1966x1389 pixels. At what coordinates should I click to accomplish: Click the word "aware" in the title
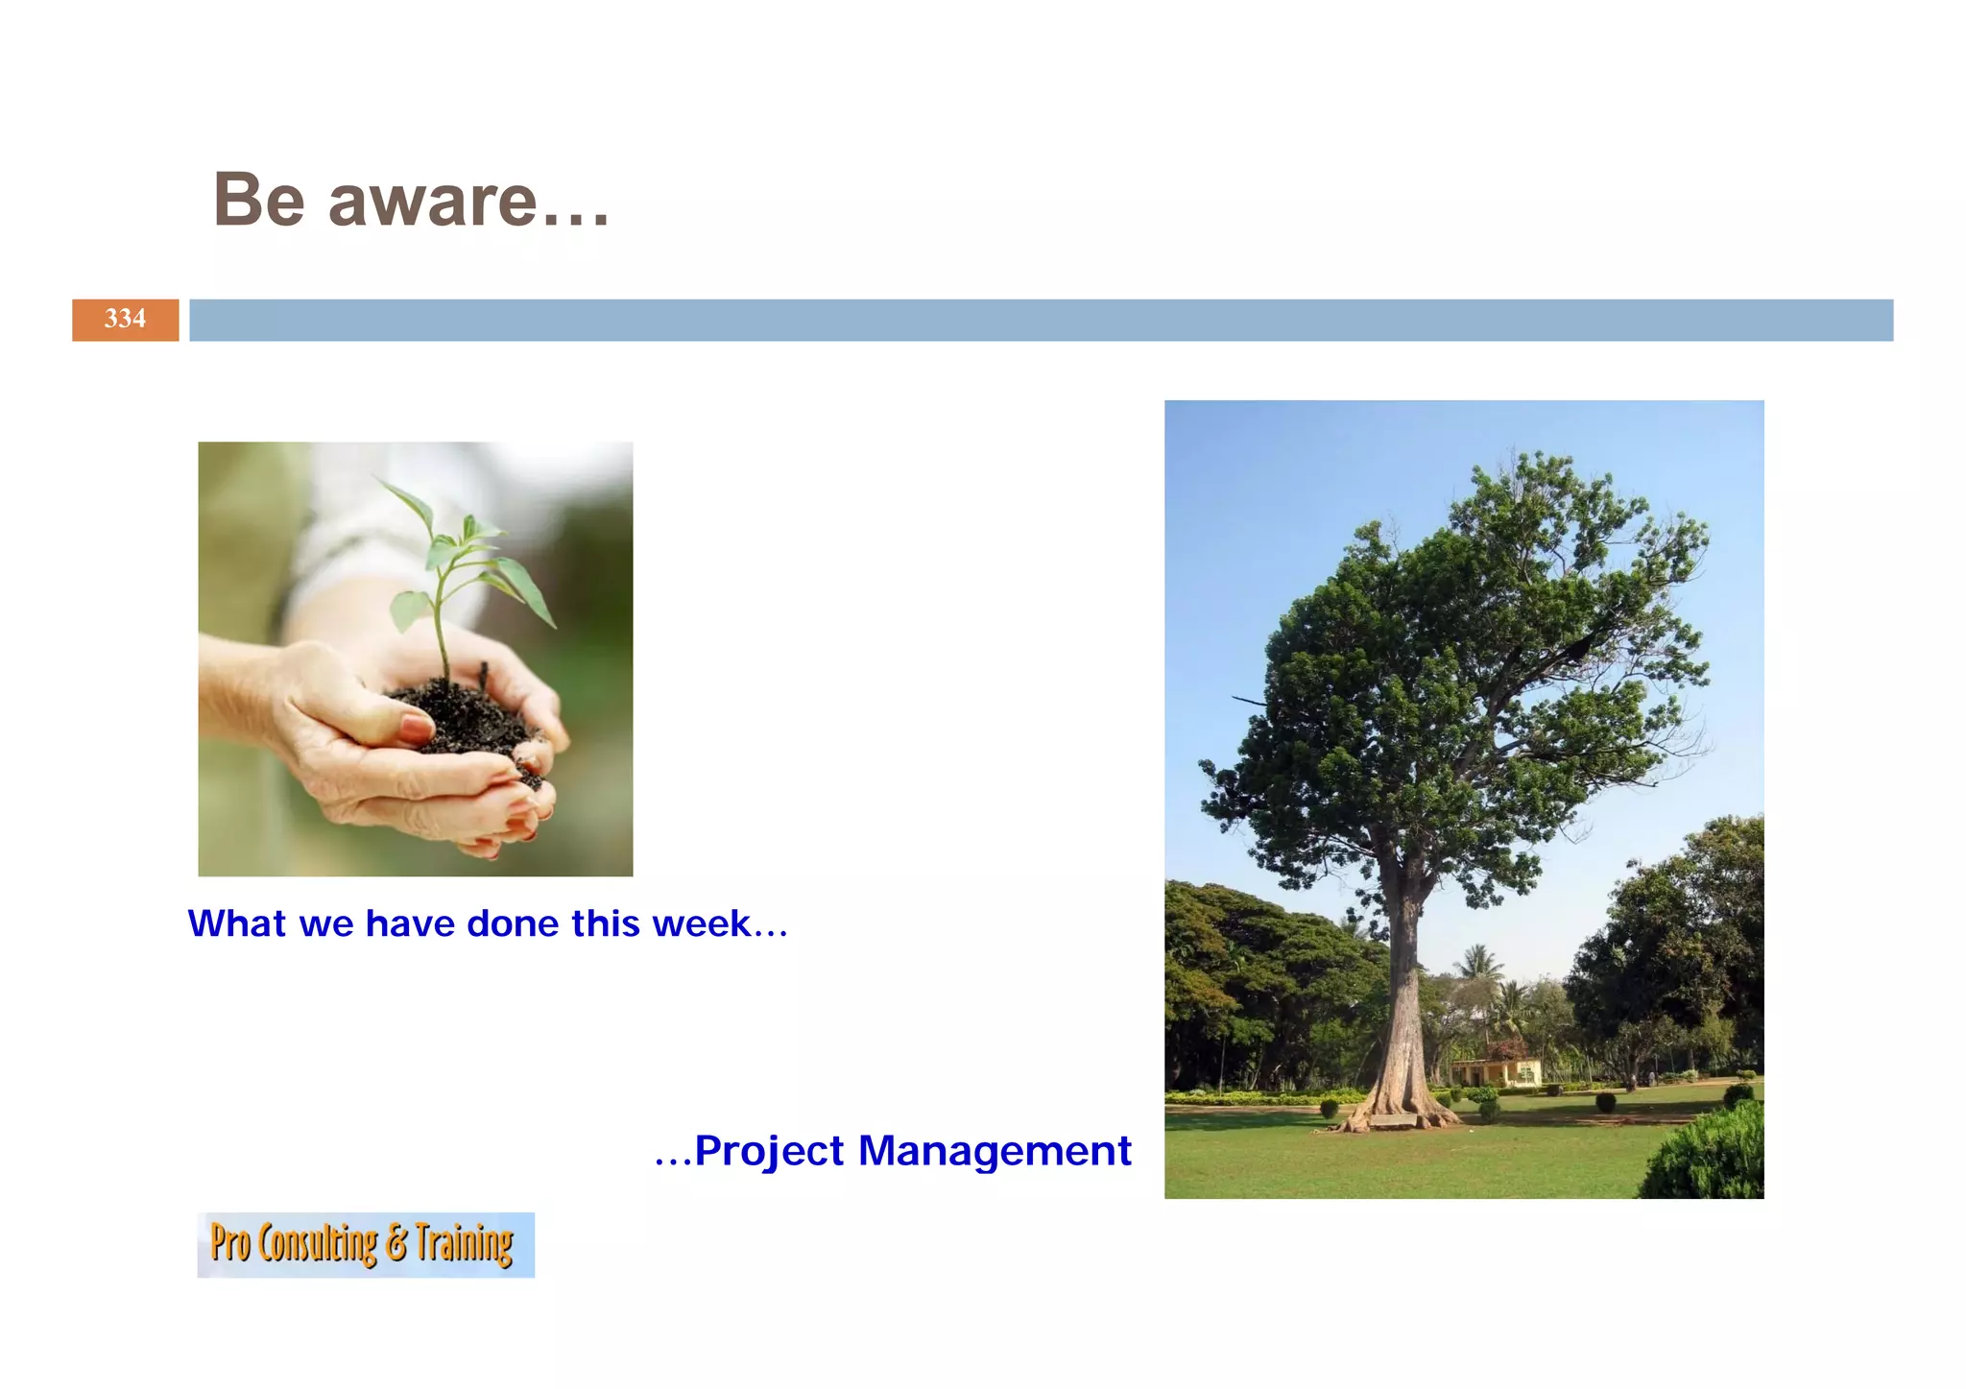click(x=432, y=202)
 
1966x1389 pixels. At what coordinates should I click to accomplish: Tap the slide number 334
click(x=125, y=320)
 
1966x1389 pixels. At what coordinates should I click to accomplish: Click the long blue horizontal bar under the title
click(x=1041, y=320)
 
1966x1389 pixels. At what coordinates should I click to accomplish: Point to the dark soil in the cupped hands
click(x=461, y=715)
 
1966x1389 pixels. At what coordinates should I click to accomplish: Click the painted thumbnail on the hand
click(x=415, y=728)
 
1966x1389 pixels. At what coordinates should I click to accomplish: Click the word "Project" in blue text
click(x=769, y=1151)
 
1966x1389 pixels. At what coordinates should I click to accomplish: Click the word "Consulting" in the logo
click(x=318, y=1244)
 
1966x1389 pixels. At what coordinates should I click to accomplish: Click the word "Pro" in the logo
click(x=229, y=1243)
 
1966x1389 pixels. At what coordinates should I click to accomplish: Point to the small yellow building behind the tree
click(x=1498, y=1072)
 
